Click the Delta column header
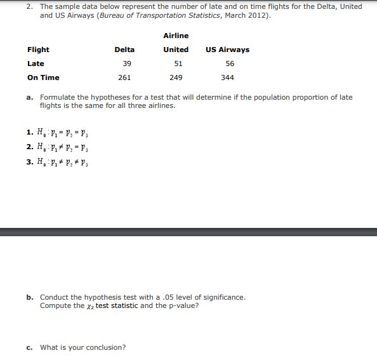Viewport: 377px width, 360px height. click(x=124, y=50)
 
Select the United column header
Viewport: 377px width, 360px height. click(x=176, y=50)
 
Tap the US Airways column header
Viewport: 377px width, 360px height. click(x=227, y=50)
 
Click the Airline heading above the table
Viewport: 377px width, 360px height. click(x=176, y=36)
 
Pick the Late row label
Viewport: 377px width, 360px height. click(x=36, y=63)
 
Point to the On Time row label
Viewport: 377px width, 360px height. click(x=43, y=77)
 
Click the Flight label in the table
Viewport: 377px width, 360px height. click(x=38, y=50)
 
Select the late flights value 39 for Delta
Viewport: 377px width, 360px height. click(x=127, y=63)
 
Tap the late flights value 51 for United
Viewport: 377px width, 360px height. click(x=178, y=63)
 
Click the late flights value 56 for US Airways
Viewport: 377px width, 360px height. click(x=229, y=63)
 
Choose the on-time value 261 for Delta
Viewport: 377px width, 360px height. click(x=124, y=77)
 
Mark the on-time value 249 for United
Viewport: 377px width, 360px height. click(x=176, y=77)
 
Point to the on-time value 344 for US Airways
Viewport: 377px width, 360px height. click(x=227, y=77)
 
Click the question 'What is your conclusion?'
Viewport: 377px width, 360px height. click(x=83, y=347)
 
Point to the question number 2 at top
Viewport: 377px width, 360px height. click(x=29, y=6)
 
